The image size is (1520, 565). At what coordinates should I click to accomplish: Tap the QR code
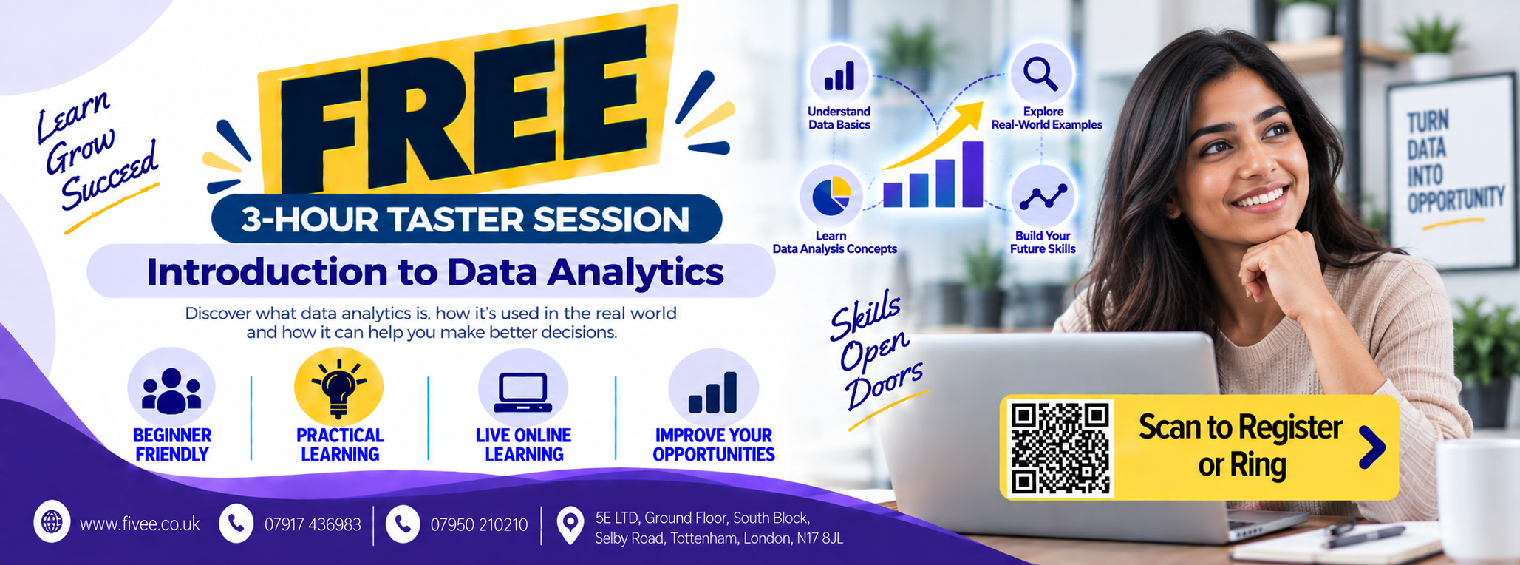[x=1060, y=447]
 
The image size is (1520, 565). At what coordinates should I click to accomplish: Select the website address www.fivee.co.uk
[x=140, y=524]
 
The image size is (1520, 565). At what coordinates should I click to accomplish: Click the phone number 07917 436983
[x=313, y=524]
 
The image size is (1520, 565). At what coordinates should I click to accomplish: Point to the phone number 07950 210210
[x=479, y=524]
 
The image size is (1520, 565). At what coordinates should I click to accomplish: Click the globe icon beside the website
[x=52, y=522]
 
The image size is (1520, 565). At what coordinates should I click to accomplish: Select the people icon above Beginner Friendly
[x=171, y=390]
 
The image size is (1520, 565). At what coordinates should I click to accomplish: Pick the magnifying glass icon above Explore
[x=1040, y=74]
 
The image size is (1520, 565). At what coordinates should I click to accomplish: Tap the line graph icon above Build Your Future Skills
[x=1043, y=197]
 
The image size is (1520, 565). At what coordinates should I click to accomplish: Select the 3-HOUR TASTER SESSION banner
[x=466, y=219]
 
